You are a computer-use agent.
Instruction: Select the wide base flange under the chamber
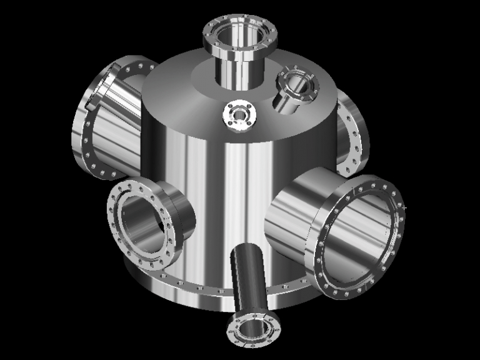(187, 294)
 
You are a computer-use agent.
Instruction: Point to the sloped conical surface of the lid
(181, 87)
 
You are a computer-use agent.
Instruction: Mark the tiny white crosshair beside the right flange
(405, 207)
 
